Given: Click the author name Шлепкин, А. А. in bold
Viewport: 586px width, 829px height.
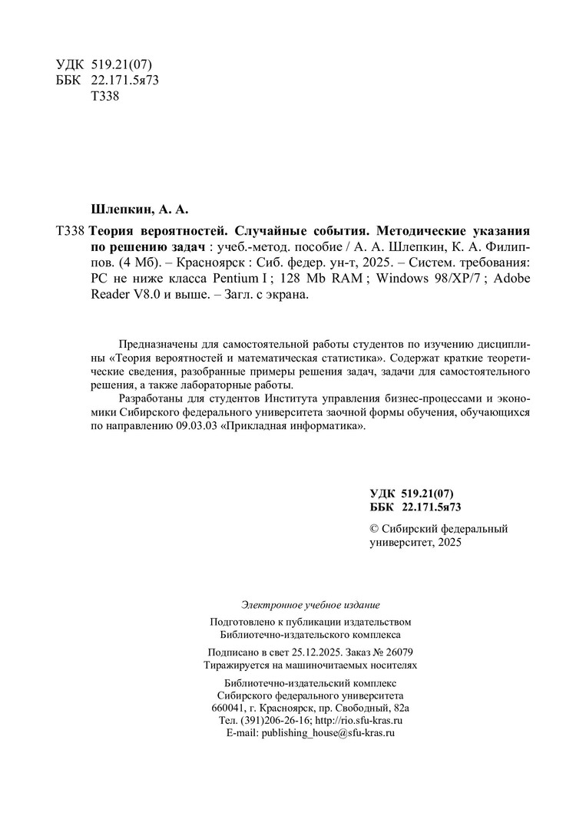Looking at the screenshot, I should pos(140,208).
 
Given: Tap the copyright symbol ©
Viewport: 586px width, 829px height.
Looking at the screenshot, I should pos(375,529).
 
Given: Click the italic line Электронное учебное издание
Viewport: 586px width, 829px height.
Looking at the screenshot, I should pos(310,605).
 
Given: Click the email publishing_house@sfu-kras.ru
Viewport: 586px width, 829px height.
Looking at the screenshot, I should pos(328,734).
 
